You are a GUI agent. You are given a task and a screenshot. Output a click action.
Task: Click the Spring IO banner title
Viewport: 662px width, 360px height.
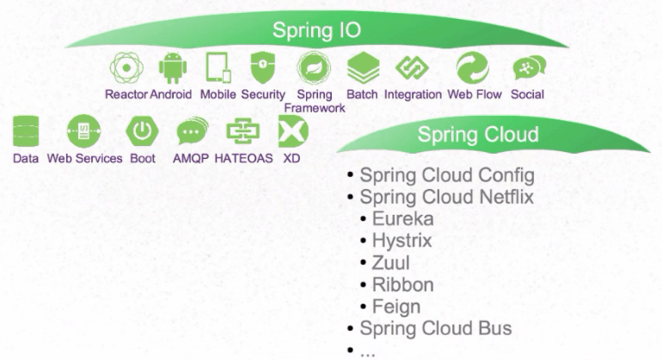(x=316, y=31)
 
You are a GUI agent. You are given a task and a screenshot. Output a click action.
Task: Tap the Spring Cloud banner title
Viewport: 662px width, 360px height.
(x=478, y=135)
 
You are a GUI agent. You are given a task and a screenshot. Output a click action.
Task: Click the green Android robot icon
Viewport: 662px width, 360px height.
(x=172, y=68)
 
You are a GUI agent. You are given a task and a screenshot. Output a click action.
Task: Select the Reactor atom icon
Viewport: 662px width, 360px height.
(x=126, y=68)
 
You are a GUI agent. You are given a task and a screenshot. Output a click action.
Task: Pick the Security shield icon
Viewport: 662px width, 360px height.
(x=262, y=67)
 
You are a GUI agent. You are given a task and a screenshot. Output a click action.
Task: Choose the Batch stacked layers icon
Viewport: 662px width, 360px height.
(x=363, y=68)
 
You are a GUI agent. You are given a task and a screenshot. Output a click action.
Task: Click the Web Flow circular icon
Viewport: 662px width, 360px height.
(x=472, y=68)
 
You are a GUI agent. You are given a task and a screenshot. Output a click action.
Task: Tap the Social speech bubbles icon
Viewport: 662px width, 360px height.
(x=527, y=68)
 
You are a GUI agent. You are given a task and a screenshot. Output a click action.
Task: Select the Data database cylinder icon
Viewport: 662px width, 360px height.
(x=26, y=131)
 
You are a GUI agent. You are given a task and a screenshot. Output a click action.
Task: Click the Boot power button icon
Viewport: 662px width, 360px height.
(x=142, y=131)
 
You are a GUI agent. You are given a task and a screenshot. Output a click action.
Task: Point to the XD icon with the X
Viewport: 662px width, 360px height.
(x=292, y=131)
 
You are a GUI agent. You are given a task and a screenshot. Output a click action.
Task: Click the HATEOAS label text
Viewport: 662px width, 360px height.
(x=242, y=159)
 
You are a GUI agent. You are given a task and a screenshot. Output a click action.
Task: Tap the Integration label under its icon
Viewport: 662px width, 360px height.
(x=413, y=95)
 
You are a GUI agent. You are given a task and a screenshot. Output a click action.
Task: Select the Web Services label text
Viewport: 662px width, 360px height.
(x=84, y=159)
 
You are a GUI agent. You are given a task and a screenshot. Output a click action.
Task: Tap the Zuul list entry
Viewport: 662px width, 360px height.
(x=391, y=263)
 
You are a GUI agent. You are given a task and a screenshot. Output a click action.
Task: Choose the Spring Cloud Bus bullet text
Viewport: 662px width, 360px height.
(x=436, y=328)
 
